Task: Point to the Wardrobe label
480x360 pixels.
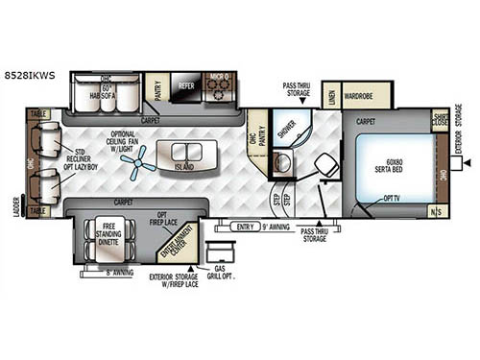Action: [x=368, y=95]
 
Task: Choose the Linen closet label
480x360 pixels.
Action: [x=330, y=95]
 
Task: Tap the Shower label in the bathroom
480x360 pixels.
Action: [x=285, y=132]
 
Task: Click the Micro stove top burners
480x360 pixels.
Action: [x=221, y=86]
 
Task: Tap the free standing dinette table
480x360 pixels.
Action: [x=108, y=235]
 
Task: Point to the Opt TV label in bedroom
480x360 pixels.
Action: [x=392, y=200]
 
